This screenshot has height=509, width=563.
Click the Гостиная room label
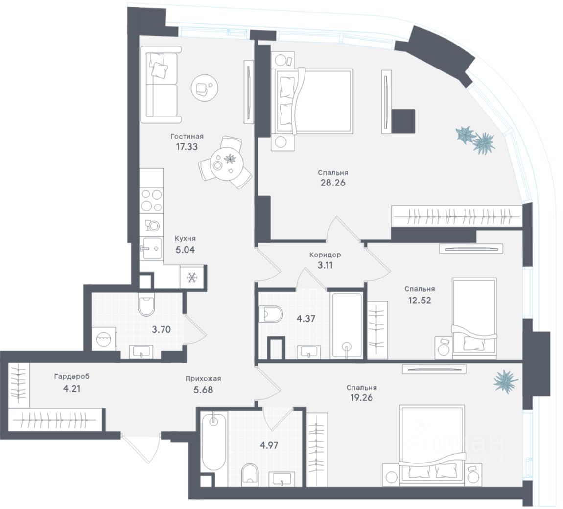(x=187, y=137)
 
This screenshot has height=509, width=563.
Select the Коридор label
(x=325, y=255)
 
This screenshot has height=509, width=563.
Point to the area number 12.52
(x=420, y=300)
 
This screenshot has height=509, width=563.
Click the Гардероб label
(x=71, y=376)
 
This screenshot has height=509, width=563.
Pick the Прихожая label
(x=203, y=378)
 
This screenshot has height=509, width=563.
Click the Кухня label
(x=186, y=239)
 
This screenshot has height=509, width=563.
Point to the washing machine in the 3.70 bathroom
(x=104, y=340)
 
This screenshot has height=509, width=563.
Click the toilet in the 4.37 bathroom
(x=270, y=313)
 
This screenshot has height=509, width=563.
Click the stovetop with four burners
(x=151, y=200)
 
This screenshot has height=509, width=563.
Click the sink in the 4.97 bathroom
(x=282, y=478)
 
